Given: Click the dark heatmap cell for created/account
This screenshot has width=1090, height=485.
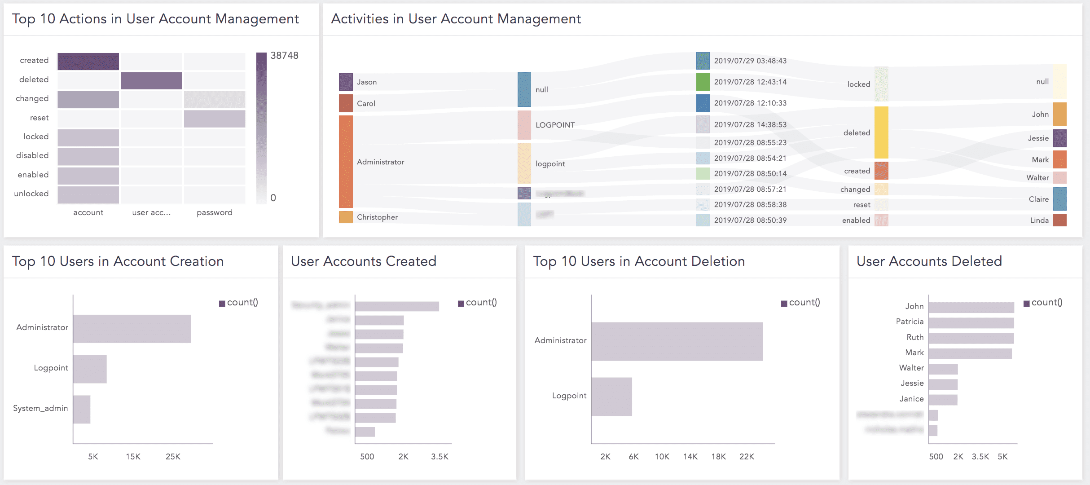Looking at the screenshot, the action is (88, 62).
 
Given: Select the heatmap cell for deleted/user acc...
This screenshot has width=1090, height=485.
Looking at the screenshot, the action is (151, 81).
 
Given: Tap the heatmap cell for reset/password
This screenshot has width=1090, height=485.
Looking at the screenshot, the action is (215, 119).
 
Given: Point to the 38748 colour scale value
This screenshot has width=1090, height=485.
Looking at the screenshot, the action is (284, 56).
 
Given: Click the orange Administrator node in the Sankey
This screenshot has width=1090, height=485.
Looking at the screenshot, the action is (346, 162).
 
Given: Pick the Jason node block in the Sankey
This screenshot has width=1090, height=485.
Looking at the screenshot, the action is (346, 82).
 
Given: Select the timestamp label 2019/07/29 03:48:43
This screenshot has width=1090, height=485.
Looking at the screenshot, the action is (750, 61).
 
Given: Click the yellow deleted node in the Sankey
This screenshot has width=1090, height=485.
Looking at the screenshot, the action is (881, 132).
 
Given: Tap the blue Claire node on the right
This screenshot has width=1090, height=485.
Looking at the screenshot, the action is (1059, 199).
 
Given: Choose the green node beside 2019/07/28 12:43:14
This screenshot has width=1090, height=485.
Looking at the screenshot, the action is (703, 82).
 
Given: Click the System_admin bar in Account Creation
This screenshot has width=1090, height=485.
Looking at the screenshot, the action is (82, 409).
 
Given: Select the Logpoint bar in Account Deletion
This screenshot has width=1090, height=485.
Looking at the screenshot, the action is (611, 397).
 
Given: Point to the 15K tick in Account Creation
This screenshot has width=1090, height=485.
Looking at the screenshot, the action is (133, 457).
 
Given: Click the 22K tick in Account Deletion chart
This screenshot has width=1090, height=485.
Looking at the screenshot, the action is (747, 457).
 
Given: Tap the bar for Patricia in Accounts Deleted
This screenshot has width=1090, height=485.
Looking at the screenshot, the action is (971, 323).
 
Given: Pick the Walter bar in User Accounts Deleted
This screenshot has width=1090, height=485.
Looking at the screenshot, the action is (943, 369).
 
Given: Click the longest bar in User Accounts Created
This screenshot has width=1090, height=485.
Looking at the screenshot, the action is (397, 306).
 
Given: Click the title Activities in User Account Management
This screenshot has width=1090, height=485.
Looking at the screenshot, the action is (456, 19).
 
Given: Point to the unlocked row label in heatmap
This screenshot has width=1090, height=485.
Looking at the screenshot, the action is (31, 194).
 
